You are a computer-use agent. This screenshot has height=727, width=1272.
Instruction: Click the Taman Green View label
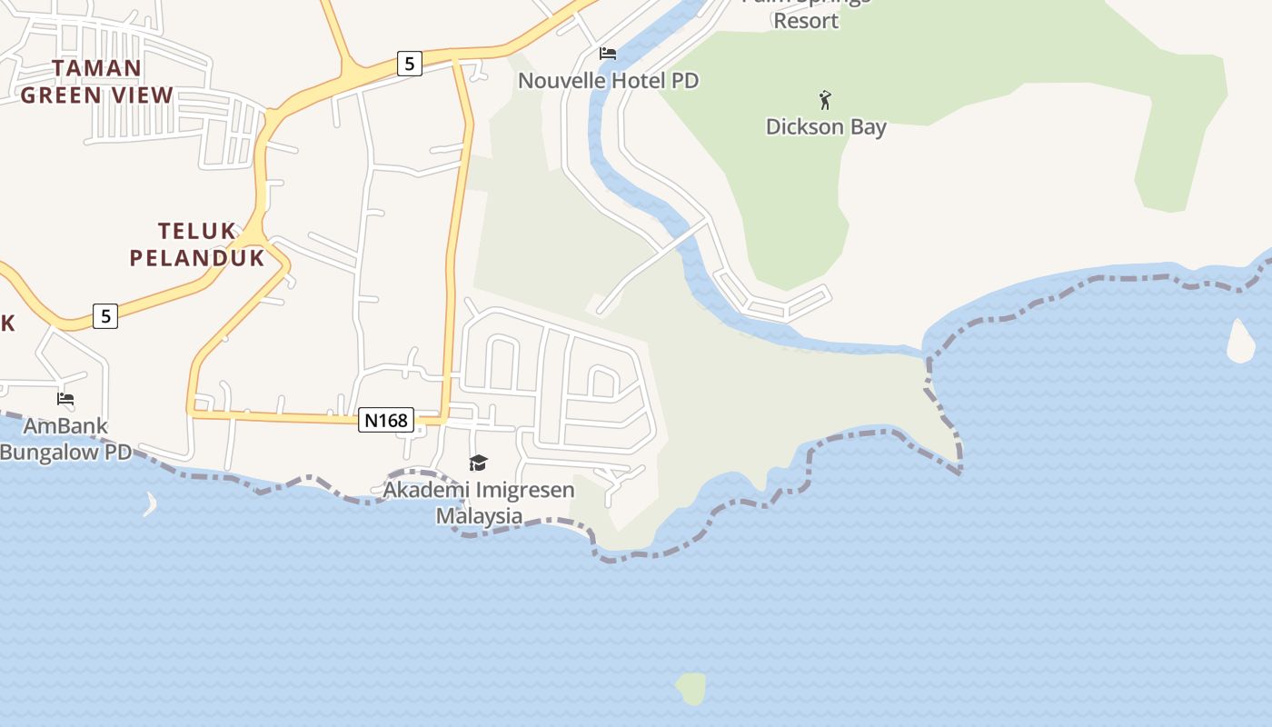pyautogui.click(x=96, y=81)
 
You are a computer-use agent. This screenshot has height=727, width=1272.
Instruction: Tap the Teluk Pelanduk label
pyautogui.click(x=197, y=244)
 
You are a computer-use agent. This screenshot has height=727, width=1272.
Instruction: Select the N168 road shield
pyautogui.click(x=386, y=420)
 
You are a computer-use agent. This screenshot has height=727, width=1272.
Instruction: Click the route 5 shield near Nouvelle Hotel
pyautogui.click(x=410, y=64)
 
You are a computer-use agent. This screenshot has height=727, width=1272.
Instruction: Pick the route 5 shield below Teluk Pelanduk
pyautogui.click(x=106, y=316)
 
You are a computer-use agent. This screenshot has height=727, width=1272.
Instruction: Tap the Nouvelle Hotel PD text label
pyautogui.click(x=608, y=80)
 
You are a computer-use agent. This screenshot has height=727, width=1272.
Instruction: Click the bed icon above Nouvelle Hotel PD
pyautogui.click(x=608, y=54)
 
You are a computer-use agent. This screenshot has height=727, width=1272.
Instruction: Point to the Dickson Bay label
pyautogui.click(x=826, y=126)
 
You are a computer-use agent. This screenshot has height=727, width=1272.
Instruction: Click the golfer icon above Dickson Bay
pyautogui.click(x=825, y=99)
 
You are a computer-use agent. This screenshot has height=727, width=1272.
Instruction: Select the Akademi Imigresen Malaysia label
pyautogui.click(x=479, y=503)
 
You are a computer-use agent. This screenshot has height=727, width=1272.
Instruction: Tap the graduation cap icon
pyautogui.click(x=479, y=463)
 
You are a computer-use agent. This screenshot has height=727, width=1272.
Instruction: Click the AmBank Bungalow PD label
pyautogui.click(x=65, y=438)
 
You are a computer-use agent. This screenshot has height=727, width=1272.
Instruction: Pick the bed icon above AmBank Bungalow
pyautogui.click(x=65, y=398)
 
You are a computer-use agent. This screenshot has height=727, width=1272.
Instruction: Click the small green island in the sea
pyautogui.click(x=691, y=689)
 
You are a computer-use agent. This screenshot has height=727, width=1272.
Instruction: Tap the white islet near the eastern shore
pyautogui.click(x=1241, y=342)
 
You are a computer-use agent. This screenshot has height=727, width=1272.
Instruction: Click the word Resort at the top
pyautogui.click(x=806, y=20)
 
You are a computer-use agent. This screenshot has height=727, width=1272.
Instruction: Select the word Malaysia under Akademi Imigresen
pyautogui.click(x=479, y=516)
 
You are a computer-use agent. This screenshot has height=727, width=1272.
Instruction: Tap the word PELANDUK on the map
pyautogui.click(x=197, y=258)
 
